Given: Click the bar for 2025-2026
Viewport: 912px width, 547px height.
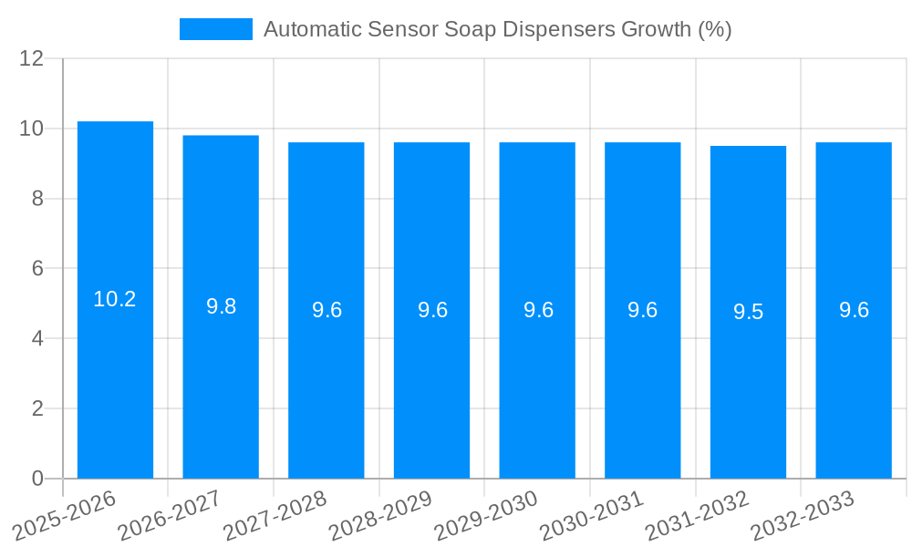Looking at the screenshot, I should coord(115,300).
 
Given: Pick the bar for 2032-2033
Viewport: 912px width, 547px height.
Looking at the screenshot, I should coord(854,310).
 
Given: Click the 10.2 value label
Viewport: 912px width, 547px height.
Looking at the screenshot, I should coord(115,299).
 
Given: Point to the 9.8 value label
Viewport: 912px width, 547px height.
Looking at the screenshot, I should coord(221,306).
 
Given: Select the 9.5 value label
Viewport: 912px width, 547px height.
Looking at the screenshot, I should coord(748,312).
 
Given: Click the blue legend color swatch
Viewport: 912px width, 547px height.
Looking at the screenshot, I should coord(215,29).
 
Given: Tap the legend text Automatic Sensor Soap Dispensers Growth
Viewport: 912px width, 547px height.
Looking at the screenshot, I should coord(497,29).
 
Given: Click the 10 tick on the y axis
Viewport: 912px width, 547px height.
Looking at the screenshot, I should coord(32,129).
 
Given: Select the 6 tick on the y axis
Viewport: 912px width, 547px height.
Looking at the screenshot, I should coord(37,269).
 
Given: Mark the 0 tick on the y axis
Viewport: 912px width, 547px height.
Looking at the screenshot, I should coord(37,479).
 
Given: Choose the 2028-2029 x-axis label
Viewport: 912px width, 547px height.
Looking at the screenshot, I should coord(380,516).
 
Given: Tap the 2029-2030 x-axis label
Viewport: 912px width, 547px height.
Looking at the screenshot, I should coord(486,516).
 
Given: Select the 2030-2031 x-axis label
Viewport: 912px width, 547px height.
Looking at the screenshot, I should coord(592,516).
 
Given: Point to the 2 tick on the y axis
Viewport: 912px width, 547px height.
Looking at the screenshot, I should coord(37,408).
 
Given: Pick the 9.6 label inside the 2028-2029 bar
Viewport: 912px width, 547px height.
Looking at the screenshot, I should coord(432,310).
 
